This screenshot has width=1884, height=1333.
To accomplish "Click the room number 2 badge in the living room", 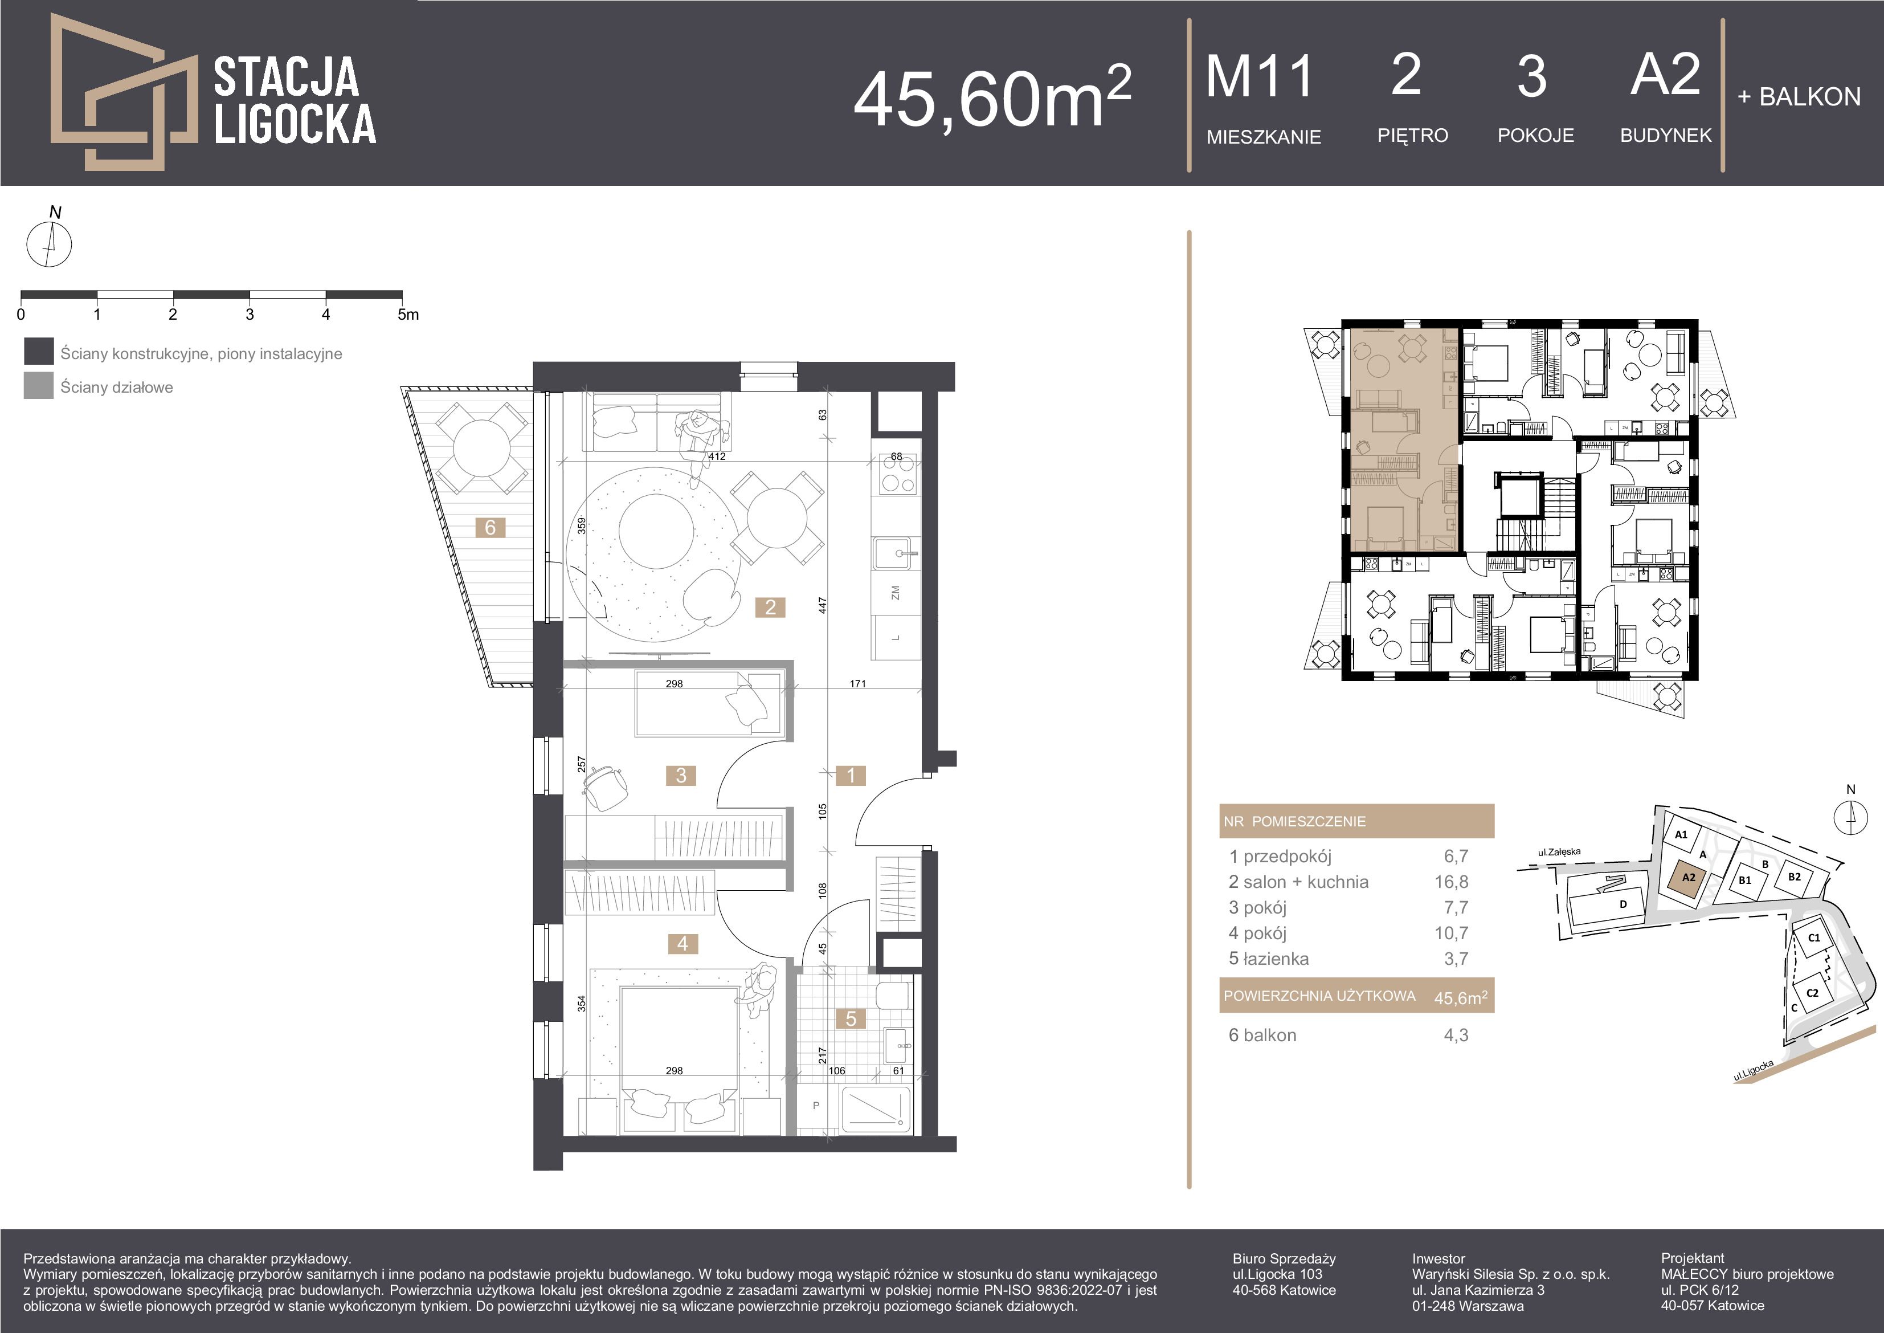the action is tap(770, 608).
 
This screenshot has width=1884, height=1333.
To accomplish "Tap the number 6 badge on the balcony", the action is tap(491, 528).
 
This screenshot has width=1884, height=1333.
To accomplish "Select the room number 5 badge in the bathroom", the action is tap(851, 1018).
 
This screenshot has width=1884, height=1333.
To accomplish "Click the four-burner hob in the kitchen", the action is tap(897, 474).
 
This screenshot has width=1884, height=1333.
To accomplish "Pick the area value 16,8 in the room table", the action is tap(1451, 882).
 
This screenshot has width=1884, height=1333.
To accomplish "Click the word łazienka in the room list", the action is tap(1276, 959).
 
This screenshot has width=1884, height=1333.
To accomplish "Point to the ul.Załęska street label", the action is tap(1559, 852).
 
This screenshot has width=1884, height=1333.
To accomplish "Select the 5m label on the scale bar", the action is tap(408, 315).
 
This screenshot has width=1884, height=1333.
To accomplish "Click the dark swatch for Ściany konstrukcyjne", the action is tap(39, 351).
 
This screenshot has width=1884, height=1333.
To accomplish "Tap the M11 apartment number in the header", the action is tap(1260, 76).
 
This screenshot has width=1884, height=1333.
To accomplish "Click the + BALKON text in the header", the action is tap(1799, 97).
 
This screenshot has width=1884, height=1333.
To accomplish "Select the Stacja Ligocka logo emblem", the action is tap(124, 92).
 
